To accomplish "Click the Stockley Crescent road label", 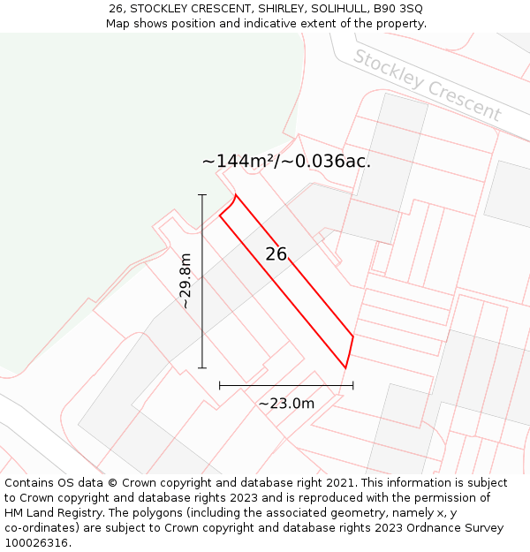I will [428, 86].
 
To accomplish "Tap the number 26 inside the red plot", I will [276, 254].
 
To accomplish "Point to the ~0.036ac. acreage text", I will [328, 161].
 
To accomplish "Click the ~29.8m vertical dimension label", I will [185, 281].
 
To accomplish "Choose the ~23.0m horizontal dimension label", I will [286, 404].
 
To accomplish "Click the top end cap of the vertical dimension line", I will [202, 194].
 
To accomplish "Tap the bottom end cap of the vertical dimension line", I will [202, 367].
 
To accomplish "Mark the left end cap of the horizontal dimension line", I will [220, 385].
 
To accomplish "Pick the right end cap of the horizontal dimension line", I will [353, 385].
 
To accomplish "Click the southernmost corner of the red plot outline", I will [345, 367].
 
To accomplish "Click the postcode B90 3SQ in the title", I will [397, 8].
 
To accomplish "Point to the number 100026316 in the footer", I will [38, 543].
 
